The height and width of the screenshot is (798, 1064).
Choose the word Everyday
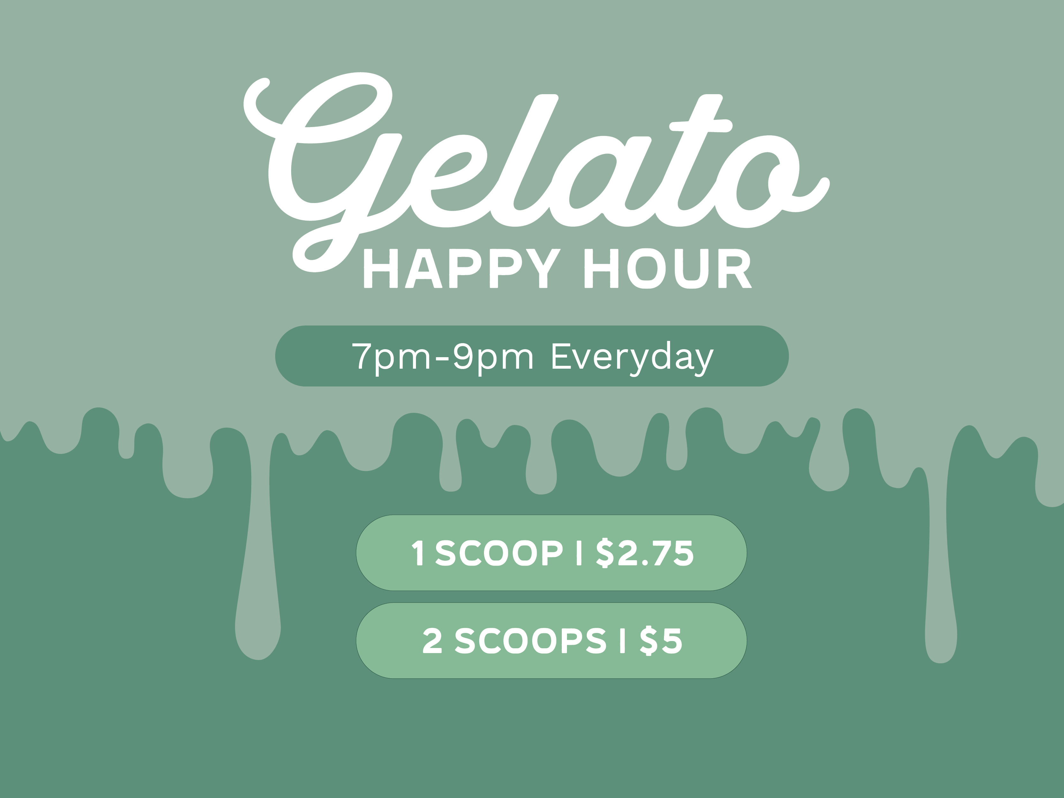[632, 358]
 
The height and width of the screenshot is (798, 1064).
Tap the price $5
[661, 641]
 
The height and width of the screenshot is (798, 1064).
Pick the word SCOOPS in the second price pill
[531, 641]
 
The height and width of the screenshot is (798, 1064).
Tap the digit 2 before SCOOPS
[432, 641]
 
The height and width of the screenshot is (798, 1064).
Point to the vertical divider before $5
[623, 641]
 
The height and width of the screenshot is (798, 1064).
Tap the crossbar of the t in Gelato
[701, 126]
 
